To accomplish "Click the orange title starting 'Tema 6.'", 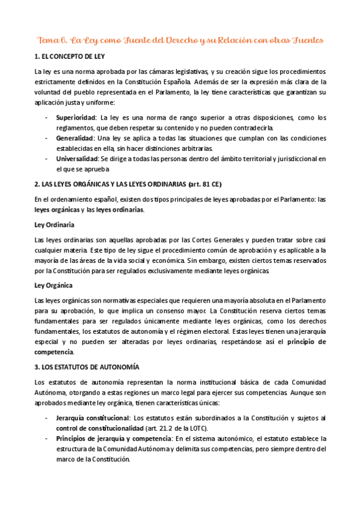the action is tap(180, 40).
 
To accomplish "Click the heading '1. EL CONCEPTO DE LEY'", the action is tap(69, 57).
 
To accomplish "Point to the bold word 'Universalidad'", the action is tap(78, 159).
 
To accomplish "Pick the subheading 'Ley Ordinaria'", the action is tap(54, 224).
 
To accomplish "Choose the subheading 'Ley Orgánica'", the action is tap(53, 286).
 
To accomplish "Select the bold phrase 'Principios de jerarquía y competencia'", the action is tap(114, 438).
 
